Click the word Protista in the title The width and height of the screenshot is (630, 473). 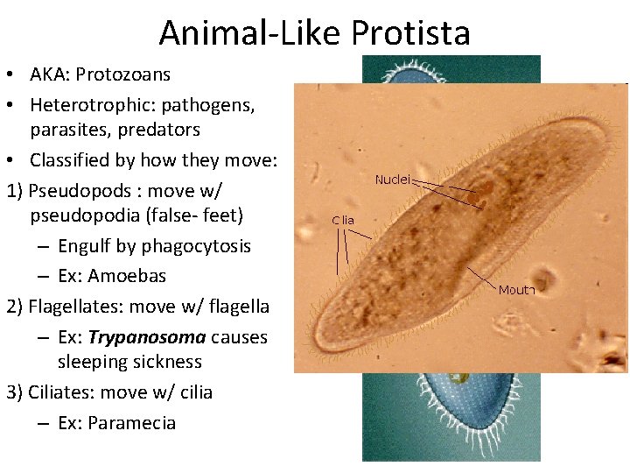point(410,33)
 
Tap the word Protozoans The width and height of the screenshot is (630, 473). point(122,75)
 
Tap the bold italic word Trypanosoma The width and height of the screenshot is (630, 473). point(147,337)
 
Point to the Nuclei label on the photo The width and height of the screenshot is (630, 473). point(393,180)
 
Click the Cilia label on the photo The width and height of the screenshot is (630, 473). point(343,221)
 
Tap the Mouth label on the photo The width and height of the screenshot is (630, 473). point(516,290)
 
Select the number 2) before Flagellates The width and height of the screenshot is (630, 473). point(15,307)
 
